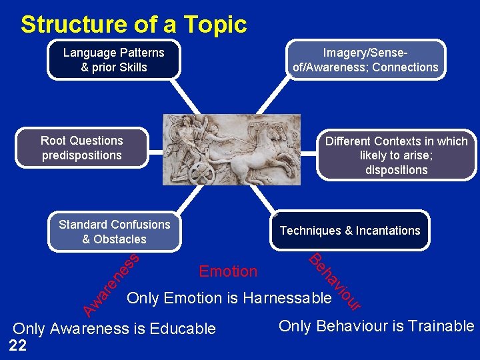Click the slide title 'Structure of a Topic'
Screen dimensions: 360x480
(x=133, y=25)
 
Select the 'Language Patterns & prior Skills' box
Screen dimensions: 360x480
(x=114, y=59)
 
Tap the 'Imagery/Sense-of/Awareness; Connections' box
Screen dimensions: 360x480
(x=365, y=59)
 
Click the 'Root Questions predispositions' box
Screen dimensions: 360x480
(x=82, y=147)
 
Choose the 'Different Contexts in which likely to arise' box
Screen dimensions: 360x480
(x=396, y=155)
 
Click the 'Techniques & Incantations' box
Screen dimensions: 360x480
(x=350, y=231)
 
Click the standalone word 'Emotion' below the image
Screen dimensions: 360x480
(x=228, y=271)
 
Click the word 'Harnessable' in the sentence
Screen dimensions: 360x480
(x=288, y=298)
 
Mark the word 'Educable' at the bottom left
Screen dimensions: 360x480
(x=183, y=329)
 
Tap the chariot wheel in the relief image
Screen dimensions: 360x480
(x=203, y=173)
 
